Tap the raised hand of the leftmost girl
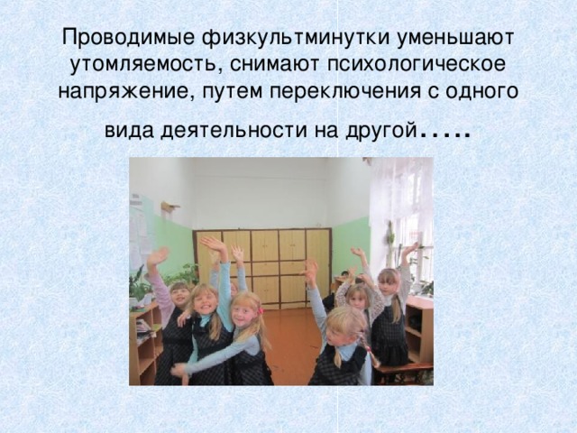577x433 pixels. pyautogui.click(x=158, y=257)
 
